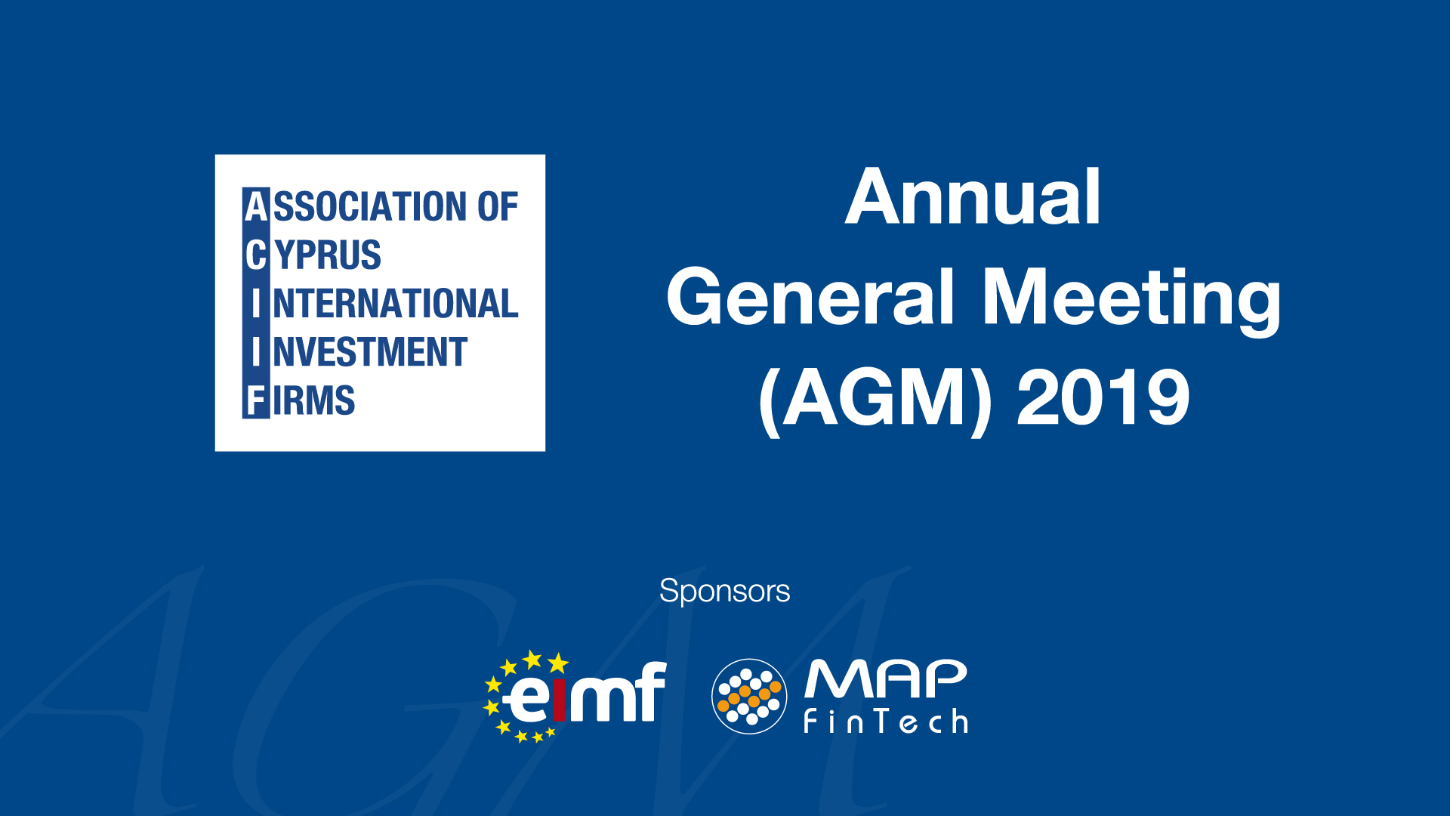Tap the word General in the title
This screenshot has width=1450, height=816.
click(810, 298)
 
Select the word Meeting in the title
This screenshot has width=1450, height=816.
click(1131, 301)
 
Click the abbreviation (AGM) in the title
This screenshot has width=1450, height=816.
click(875, 399)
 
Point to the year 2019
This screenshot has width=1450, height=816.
click(1103, 397)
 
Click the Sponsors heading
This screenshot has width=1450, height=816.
click(724, 591)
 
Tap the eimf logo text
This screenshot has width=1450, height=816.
click(585, 692)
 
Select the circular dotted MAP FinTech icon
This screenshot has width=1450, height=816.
click(749, 696)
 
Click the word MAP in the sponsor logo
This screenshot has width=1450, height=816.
click(885, 678)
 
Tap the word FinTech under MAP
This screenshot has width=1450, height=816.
click(885, 722)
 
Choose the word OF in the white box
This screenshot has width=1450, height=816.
click(497, 206)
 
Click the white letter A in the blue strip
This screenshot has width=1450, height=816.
click(257, 206)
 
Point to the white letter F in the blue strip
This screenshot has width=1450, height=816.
click(256, 400)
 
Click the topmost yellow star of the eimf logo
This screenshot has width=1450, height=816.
click(533, 660)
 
